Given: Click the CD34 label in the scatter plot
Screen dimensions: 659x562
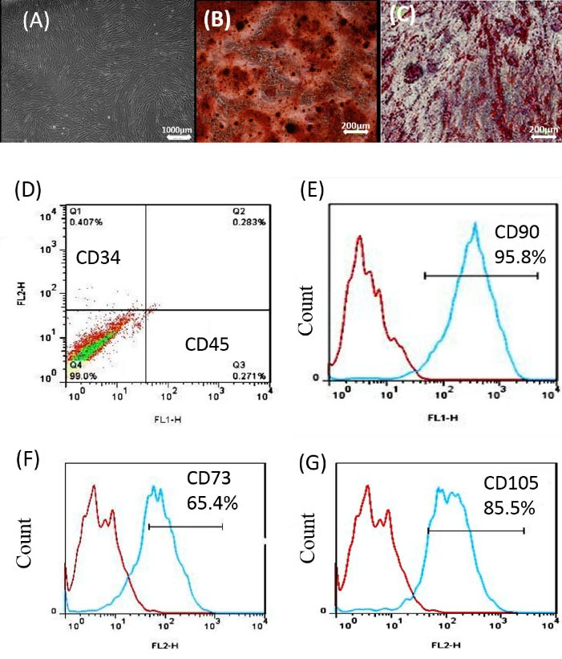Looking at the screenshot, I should [99, 258].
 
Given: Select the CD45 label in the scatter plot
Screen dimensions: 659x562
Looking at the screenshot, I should [207, 345].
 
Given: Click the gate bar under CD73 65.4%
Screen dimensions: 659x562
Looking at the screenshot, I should [185, 527].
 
